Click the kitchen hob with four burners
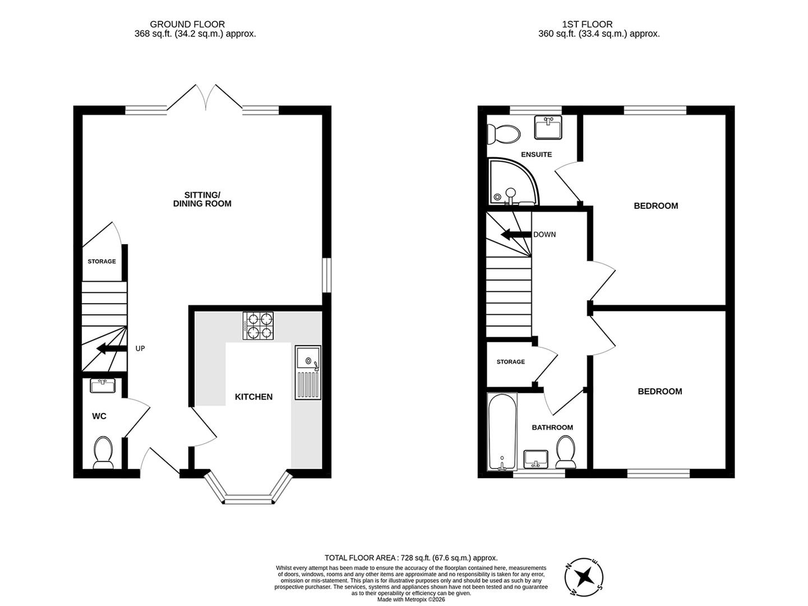pyautogui.click(x=258, y=325)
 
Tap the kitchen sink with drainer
pyautogui.click(x=308, y=373)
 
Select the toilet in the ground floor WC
pyautogui.click(x=103, y=452)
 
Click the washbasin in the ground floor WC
pyautogui.click(x=103, y=386)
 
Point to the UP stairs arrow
pyautogui.click(x=111, y=349)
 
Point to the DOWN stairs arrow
pyautogui.click(x=515, y=235)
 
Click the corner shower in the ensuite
pyautogui.click(x=511, y=182)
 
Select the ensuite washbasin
pyautogui.click(x=548, y=127)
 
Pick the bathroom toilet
pyautogui.click(x=566, y=452)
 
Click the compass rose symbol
pyautogui.click(x=586, y=576)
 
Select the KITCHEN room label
pyautogui.click(x=253, y=397)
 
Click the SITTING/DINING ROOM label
pyautogui.click(x=202, y=199)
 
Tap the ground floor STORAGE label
pyautogui.click(x=101, y=261)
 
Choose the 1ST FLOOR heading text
pyautogui.click(x=587, y=24)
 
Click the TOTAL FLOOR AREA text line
pyautogui.click(x=411, y=558)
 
